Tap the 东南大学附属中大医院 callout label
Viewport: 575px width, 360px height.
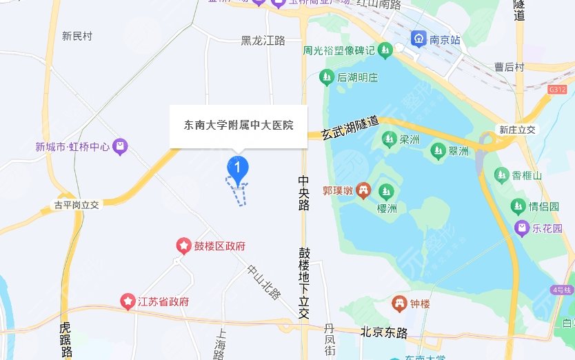click(239, 126)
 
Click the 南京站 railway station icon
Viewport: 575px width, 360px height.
click(418, 39)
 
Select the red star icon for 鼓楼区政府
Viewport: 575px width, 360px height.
click(183, 246)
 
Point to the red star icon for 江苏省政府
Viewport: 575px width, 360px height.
click(128, 301)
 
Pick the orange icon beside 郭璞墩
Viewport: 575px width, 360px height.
click(363, 190)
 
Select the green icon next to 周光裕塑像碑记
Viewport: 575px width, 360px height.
click(385, 50)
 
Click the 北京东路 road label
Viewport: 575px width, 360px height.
click(384, 332)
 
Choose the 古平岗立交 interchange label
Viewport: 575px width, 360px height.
click(77, 205)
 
